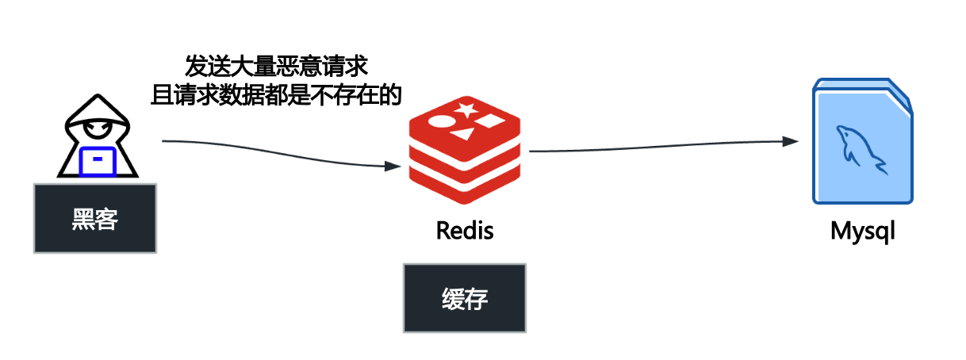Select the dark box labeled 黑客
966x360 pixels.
94,218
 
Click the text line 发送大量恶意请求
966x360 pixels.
275,65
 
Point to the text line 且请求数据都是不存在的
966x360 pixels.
275,95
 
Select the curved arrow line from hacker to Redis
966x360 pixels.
278,151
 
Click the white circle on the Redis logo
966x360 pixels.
442,123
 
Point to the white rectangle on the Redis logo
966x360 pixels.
490,122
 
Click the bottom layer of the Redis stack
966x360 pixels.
465,182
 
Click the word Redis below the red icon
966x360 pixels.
465,231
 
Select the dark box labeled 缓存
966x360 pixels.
465,298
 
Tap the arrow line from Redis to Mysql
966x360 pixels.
658,145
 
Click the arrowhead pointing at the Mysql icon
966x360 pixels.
791,141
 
